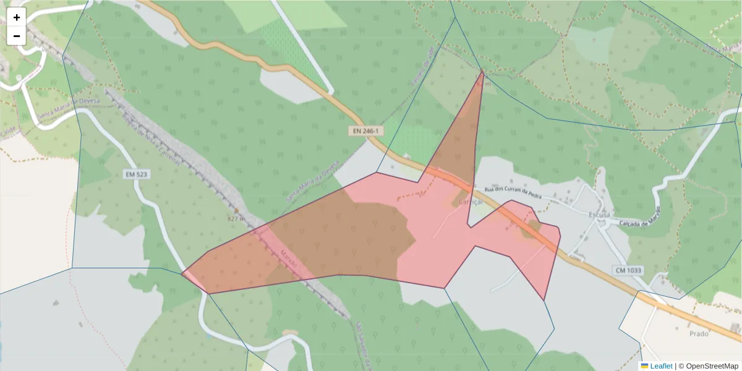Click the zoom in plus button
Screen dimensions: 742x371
(x=17, y=17)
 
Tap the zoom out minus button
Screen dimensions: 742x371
(x=17, y=36)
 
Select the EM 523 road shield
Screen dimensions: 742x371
(x=137, y=175)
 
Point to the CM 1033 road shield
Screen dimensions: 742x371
(x=628, y=270)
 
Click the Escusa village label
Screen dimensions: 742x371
(x=599, y=214)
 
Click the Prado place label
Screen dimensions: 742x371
(x=699, y=333)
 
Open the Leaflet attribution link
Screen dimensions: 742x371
(x=661, y=366)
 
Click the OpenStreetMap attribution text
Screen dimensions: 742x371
(x=709, y=366)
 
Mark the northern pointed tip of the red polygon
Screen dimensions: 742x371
(x=482, y=72)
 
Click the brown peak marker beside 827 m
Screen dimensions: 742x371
(x=236, y=210)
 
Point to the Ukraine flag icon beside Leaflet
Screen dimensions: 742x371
(x=644, y=366)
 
